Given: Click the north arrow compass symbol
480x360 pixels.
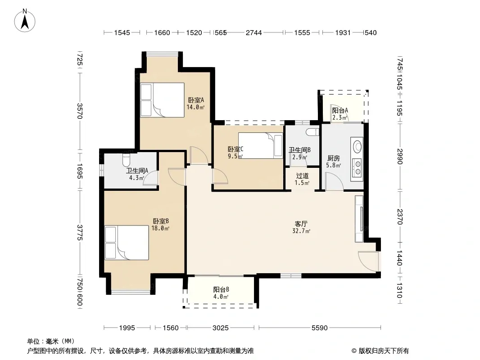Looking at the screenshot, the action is point(24,21).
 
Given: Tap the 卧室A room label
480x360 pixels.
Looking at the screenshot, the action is point(196,100).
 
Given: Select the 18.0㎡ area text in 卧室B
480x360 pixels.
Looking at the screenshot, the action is point(160,228).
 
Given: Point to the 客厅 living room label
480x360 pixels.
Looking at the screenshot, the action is point(301,224).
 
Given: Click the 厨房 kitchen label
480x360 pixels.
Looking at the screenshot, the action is point(333,158).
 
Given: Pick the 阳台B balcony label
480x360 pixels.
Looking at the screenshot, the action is point(221,289).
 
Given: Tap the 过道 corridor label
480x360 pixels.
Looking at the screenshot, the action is point(302,176).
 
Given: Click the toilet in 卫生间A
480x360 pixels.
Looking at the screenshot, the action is point(126,159).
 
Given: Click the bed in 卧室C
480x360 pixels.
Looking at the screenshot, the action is point(261,145).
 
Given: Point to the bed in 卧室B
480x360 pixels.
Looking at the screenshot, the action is point(127,243).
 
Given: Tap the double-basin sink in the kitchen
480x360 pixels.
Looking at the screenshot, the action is point(357,168).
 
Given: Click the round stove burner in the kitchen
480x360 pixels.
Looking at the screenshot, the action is point(358,146).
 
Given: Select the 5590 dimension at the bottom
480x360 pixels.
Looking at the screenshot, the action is point(320,328).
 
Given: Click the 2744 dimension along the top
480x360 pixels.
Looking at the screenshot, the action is point(254,33).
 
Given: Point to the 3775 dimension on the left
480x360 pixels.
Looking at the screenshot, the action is point(80,233).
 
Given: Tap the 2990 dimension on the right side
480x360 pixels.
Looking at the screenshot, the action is point(400,156).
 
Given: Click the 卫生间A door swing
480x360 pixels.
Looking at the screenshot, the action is point(150,177).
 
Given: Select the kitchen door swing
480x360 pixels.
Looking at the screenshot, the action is point(334,181).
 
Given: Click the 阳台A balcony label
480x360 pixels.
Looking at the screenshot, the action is point(340,110).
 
